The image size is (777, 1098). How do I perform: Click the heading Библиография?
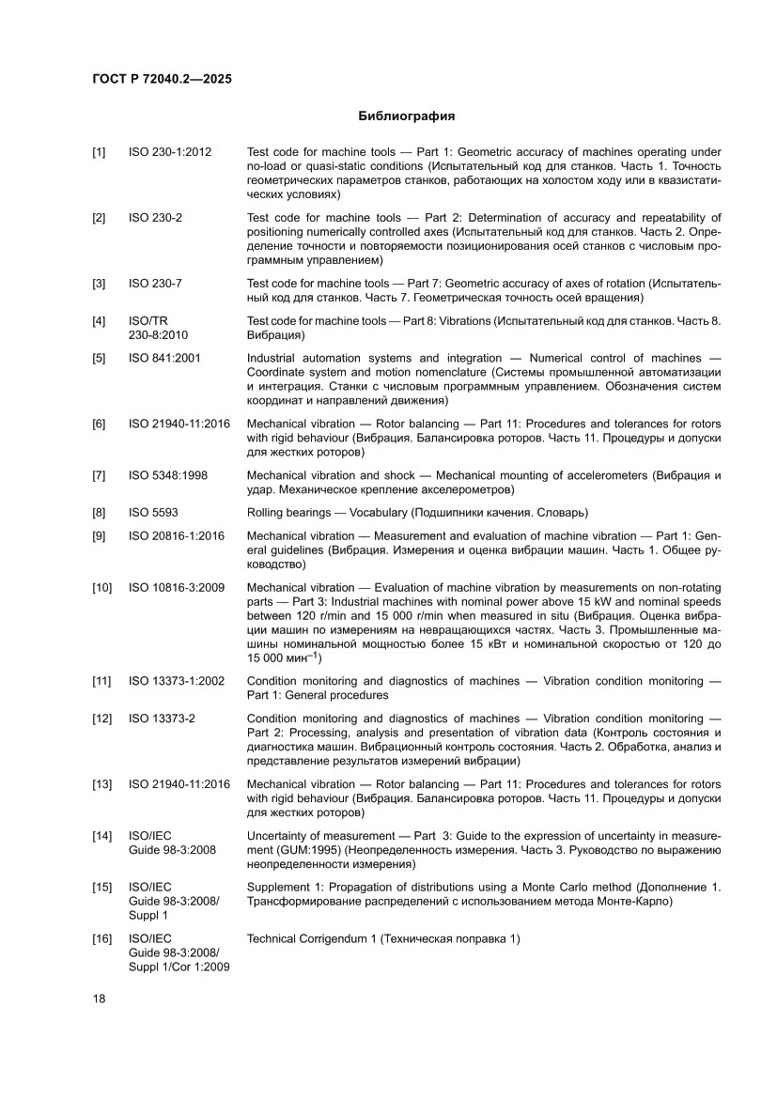pyautogui.click(x=406, y=116)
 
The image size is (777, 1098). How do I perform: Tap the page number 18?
pyautogui.click(x=99, y=997)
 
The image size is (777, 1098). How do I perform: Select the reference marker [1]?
pyautogui.click(x=99, y=152)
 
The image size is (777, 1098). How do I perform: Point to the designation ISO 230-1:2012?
pyautogui.click(x=170, y=152)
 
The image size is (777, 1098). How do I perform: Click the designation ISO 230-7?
pyautogui.click(x=155, y=284)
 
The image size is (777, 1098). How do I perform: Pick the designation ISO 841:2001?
pyautogui.click(x=164, y=358)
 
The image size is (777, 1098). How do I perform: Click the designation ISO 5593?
pyautogui.click(x=153, y=513)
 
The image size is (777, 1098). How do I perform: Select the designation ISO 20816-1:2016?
pyautogui.click(x=176, y=536)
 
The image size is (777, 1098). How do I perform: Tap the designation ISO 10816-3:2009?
pyautogui.click(x=176, y=588)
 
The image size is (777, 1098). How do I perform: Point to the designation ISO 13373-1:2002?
pyautogui.click(x=176, y=681)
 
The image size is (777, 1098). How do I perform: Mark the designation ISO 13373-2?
pyautogui.click(x=162, y=719)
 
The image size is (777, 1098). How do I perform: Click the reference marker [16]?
pyautogui.click(x=101, y=939)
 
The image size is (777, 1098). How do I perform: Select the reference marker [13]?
pyautogui.click(x=101, y=784)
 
